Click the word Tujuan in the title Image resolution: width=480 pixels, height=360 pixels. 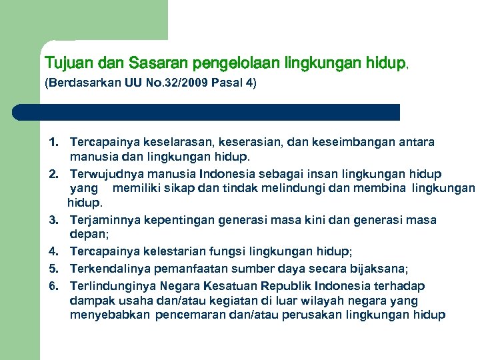(x=69, y=64)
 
